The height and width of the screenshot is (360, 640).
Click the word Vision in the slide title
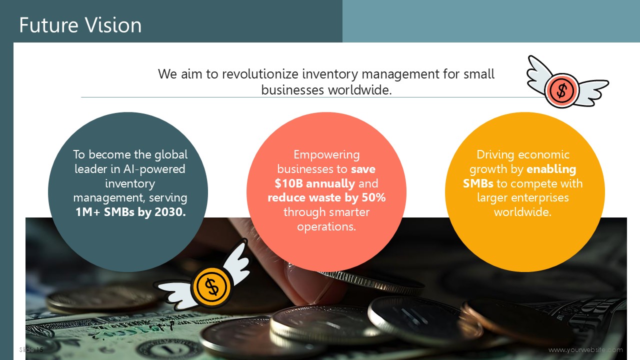coord(113,25)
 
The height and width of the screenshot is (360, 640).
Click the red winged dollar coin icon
coord(567,82)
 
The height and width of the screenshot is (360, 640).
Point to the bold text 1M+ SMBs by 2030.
coord(130,212)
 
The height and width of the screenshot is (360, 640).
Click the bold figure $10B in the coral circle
coord(288,183)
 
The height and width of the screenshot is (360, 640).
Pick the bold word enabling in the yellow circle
coord(551,169)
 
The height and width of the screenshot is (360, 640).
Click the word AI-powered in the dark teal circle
coord(154,169)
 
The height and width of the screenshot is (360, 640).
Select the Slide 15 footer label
coord(31,349)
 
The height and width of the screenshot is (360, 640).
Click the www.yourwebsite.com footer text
coord(585,349)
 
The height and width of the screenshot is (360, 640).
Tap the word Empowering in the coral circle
coord(326,155)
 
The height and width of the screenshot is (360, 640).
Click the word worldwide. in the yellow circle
coord(522,212)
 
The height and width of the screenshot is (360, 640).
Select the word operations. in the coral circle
coord(326,226)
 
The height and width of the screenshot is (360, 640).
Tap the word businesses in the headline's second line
coord(292,89)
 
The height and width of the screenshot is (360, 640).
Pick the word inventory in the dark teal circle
coord(130,183)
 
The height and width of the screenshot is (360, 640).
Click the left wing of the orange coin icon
coord(173,295)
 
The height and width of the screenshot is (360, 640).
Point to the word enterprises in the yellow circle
coord(523,197)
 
